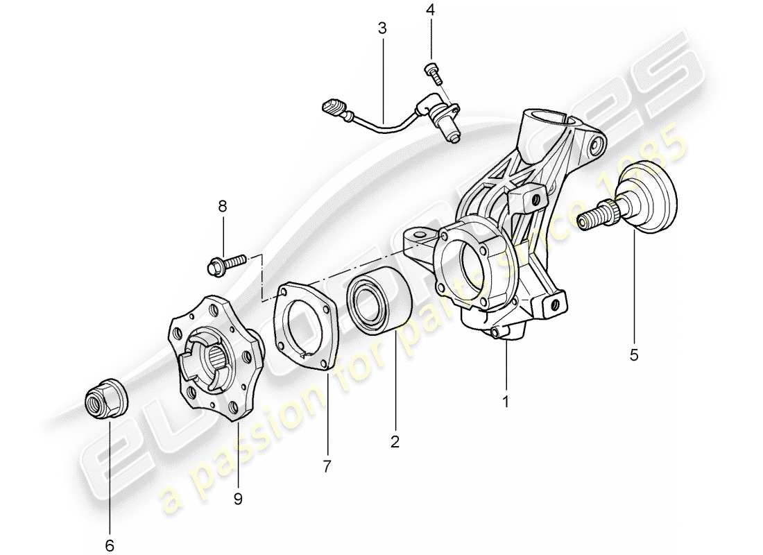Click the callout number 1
point(506,401)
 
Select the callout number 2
point(395,441)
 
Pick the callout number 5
point(634,355)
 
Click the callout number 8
point(222,206)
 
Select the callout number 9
point(238,499)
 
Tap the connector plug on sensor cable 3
point(332,108)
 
